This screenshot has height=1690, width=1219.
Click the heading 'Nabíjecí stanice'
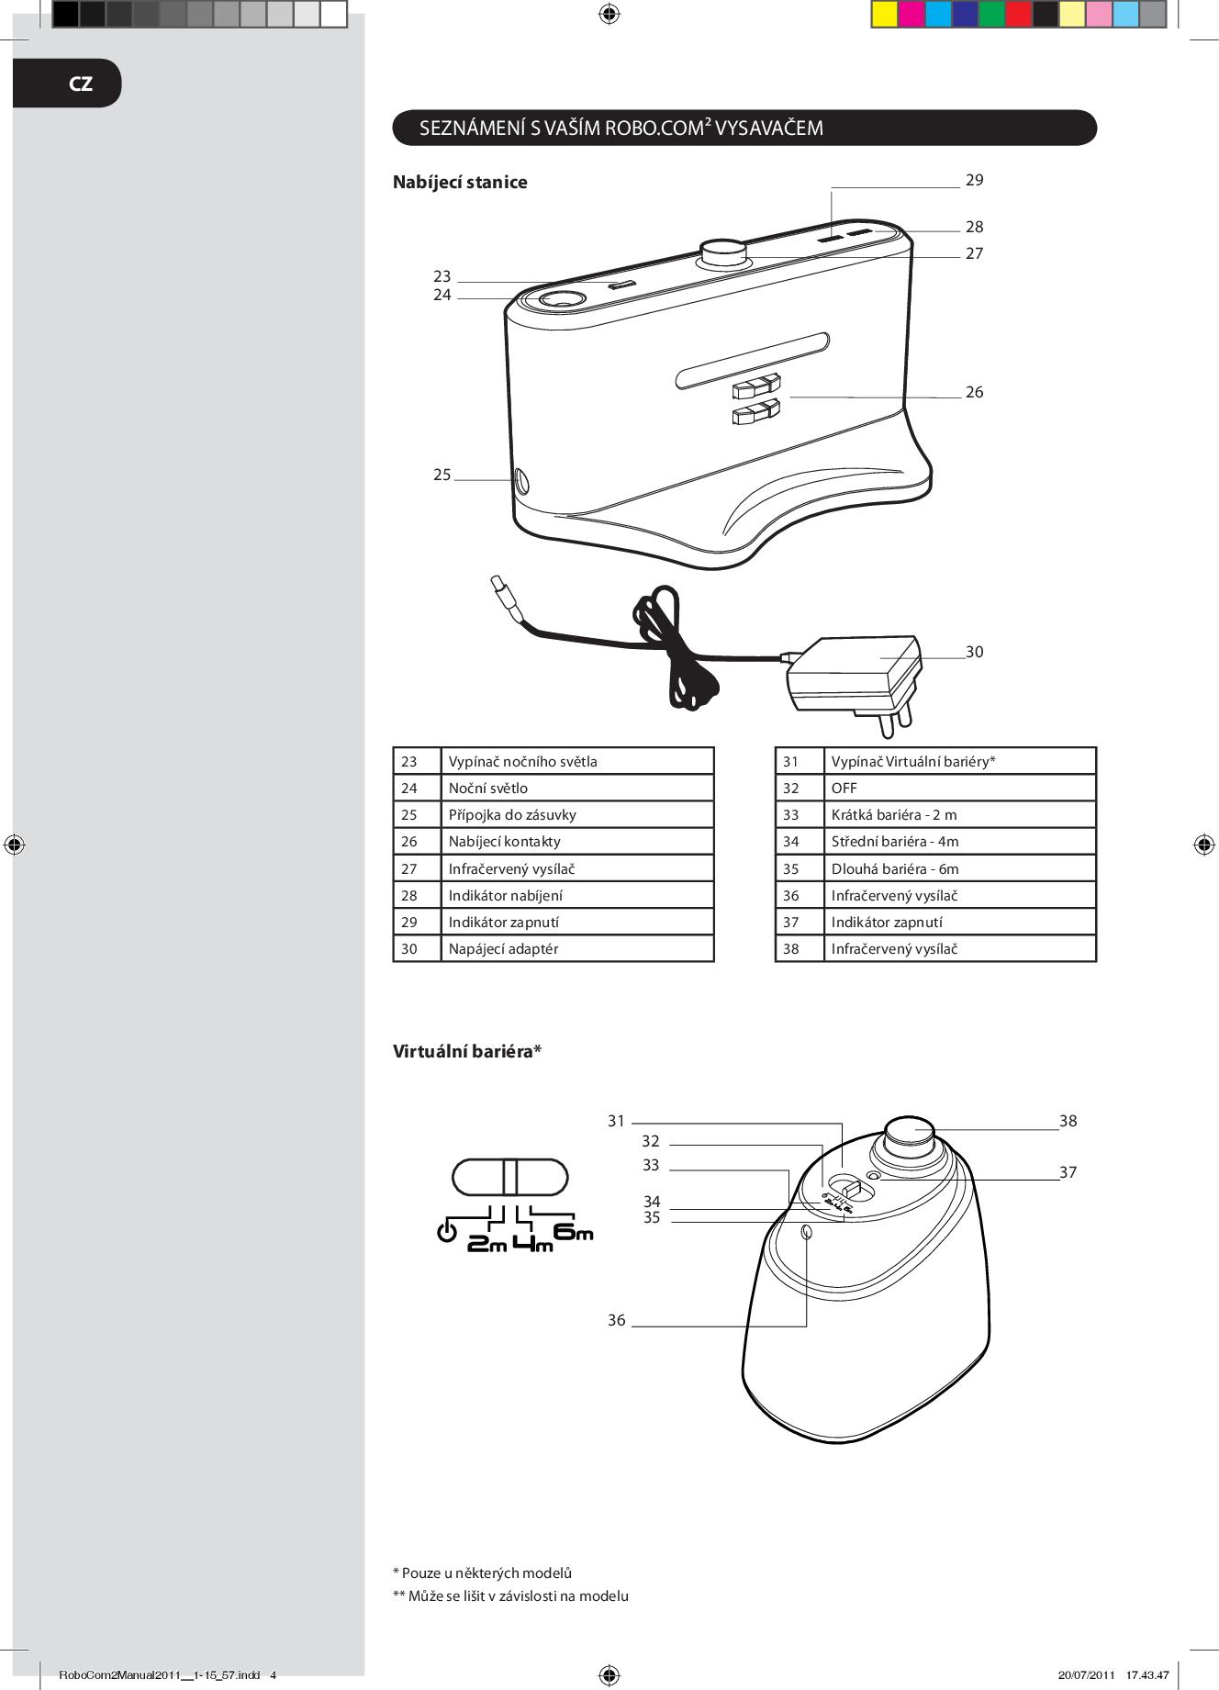460,182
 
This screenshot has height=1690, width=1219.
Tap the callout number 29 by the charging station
974,180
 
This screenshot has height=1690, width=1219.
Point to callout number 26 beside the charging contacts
974,392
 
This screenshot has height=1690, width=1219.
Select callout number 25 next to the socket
442,475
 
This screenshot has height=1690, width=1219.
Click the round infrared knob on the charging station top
723,254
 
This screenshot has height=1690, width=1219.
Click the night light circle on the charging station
560,300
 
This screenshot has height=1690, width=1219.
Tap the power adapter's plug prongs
895,718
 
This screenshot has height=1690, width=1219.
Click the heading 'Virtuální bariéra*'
467,1051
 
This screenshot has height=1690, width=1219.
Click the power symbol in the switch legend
447,1232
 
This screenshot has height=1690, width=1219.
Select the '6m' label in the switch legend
574,1233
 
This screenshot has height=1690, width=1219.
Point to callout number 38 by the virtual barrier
1068,1121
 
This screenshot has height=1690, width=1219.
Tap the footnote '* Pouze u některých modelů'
482,1572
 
